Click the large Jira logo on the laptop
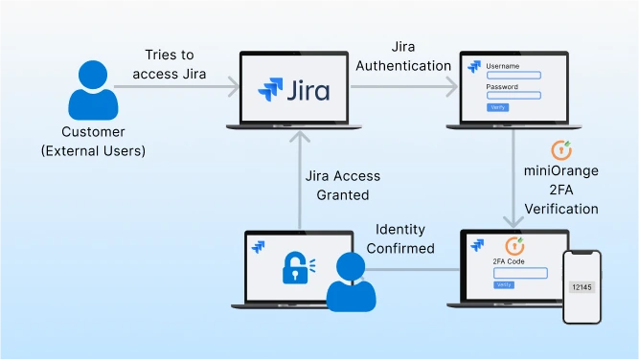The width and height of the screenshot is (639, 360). coord(294,91)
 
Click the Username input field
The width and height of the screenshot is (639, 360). coord(514,75)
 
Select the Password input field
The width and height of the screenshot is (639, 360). coord(514,95)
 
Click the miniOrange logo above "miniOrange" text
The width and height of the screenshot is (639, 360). coord(562,151)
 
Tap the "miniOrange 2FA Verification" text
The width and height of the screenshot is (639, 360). coord(561,190)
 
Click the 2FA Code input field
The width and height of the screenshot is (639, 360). coord(520,273)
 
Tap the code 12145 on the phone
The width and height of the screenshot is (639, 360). coord(582,286)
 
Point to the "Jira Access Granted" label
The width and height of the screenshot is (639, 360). coord(343,185)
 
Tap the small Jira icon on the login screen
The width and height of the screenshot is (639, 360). coord(473,67)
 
